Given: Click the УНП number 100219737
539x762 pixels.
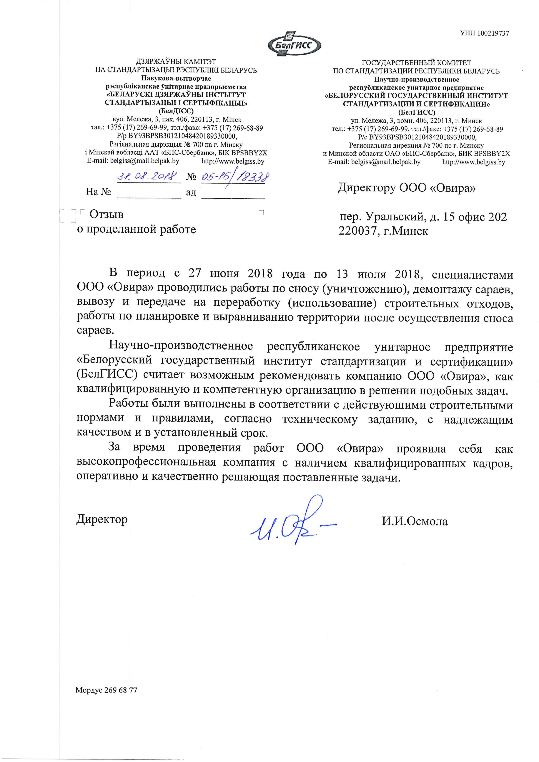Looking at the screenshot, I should click(484, 33).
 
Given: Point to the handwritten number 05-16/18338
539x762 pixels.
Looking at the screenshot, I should click(235, 177).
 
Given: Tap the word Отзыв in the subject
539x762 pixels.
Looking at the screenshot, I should click(106, 214).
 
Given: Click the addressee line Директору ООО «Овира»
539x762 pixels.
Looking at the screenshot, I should click(406, 188).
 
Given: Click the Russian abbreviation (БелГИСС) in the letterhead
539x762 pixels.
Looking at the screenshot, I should click(416, 112).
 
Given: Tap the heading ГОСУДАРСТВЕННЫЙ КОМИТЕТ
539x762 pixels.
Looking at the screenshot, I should click(416, 63).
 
